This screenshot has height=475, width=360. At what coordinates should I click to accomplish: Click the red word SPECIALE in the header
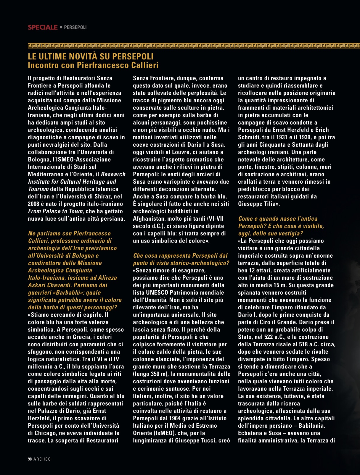43,27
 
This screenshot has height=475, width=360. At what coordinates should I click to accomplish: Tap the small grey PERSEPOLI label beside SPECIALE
75,27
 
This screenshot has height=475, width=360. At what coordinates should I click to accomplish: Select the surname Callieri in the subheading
142,65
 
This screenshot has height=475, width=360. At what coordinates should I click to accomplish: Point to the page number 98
30,459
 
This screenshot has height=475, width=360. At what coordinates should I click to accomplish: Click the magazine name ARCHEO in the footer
42,459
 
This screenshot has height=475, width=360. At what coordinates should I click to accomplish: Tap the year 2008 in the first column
33,204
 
